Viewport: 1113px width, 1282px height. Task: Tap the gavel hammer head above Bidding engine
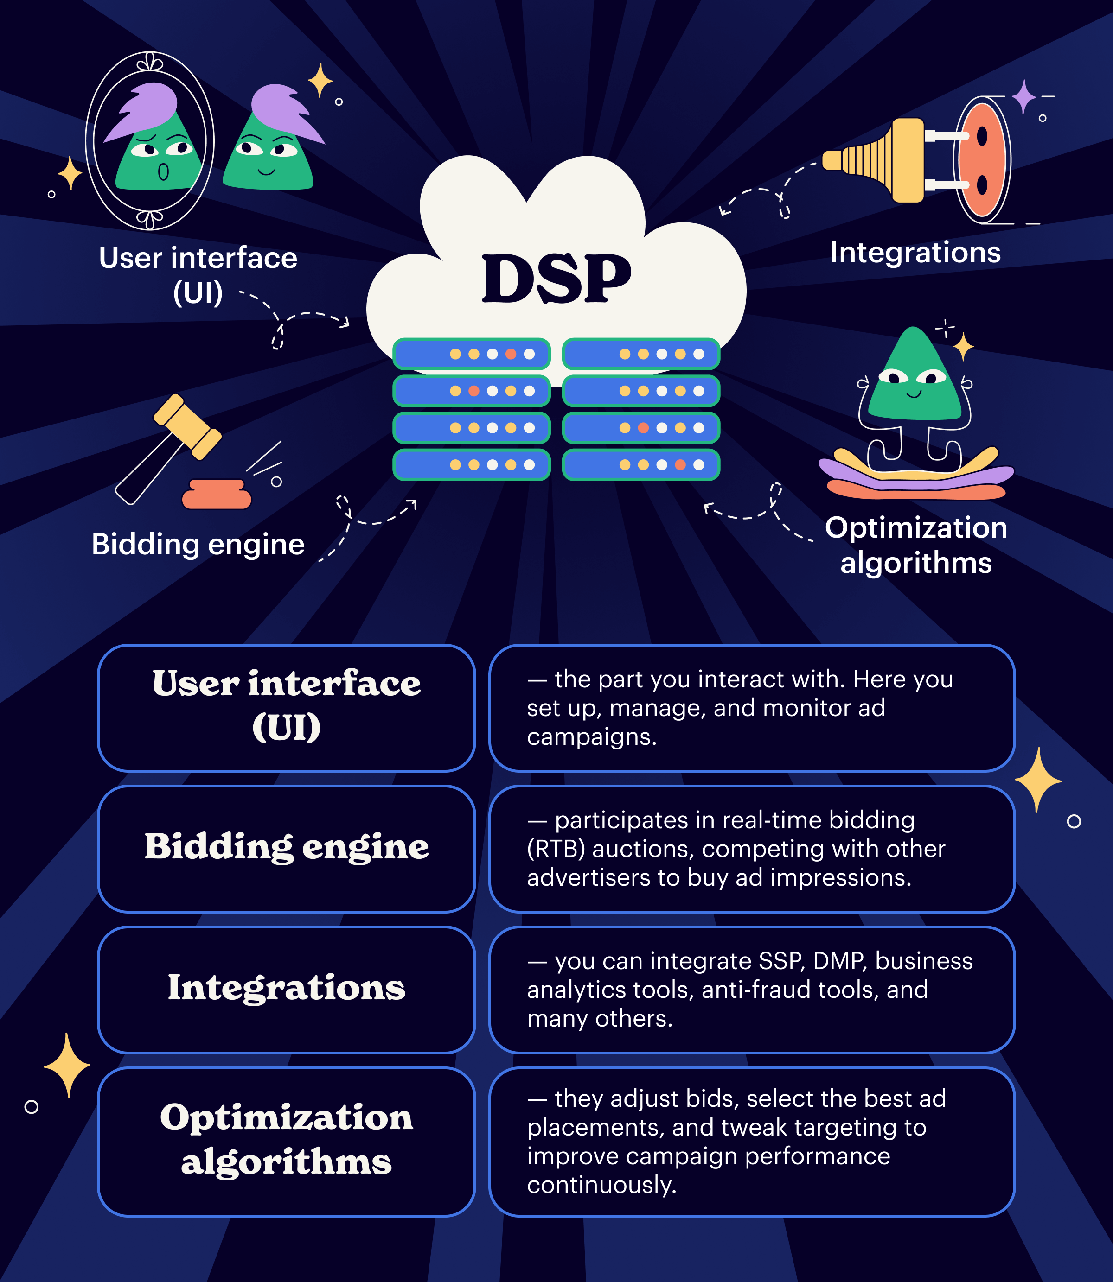point(187,427)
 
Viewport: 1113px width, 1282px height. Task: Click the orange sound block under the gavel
point(216,495)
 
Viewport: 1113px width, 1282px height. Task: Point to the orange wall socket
point(981,160)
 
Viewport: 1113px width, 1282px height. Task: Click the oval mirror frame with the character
point(150,141)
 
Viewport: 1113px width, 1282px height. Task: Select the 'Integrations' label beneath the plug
point(915,253)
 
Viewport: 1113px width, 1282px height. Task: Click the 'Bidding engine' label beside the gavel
point(198,545)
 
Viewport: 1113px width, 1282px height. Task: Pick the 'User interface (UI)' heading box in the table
point(286,708)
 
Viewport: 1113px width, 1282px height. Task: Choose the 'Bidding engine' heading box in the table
point(286,848)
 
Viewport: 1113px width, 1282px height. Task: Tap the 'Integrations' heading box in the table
point(286,989)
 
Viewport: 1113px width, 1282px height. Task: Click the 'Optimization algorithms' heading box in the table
point(286,1141)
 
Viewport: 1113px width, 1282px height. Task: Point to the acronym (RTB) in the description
point(556,849)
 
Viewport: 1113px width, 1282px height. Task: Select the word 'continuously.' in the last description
point(601,1185)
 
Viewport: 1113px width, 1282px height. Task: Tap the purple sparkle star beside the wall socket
point(1023,97)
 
